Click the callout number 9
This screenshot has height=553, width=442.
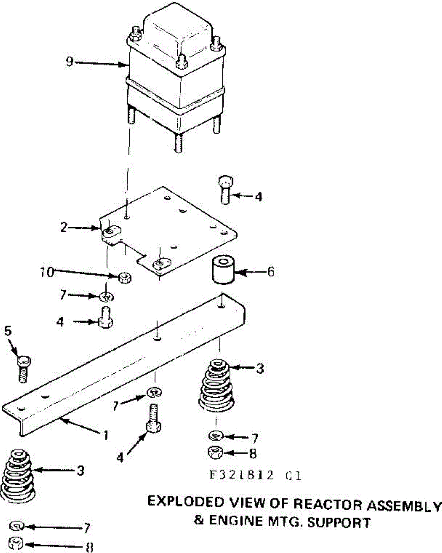(70, 61)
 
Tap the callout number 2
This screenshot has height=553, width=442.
(64, 226)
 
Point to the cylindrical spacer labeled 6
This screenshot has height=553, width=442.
(222, 271)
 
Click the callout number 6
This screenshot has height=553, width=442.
(270, 271)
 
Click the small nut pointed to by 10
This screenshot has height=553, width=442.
(124, 277)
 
